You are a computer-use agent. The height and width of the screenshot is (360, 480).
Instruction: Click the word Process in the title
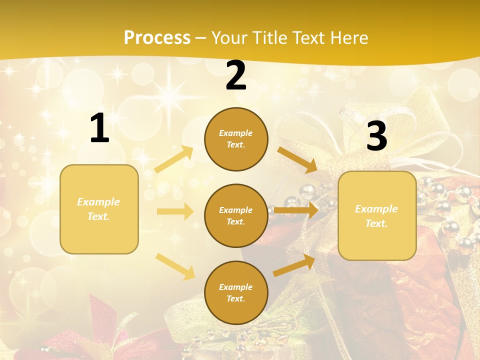click(x=157, y=37)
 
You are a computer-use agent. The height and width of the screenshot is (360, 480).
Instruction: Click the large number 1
click(x=99, y=128)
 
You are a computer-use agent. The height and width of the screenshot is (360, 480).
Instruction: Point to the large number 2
click(x=236, y=75)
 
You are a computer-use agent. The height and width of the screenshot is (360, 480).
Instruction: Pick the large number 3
click(x=376, y=136)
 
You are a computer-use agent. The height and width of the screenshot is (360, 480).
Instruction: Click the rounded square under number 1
click(x=99, y=209)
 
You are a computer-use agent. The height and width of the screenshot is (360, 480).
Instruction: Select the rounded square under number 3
click(x=377, y=216)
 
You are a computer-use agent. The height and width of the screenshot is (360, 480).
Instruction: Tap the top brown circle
click(x=236, y=139)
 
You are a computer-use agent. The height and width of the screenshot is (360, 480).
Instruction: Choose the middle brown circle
click(x=236, y=216)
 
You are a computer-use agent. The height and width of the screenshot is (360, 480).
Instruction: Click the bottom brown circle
click(x=236, y=293)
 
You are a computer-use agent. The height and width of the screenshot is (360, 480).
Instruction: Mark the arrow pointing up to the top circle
click(x=174, y=159)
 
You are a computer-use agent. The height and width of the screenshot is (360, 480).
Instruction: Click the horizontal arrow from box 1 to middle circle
click(x=175, y=211)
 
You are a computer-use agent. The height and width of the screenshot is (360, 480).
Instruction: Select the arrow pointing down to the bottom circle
click(x=175, y=266)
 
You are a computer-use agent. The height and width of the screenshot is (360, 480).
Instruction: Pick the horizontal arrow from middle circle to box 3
click(x=296, y=210)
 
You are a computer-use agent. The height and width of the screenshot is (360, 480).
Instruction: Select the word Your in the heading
click(x=229, y=37)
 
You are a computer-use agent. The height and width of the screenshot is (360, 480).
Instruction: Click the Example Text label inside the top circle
click(x=236, y=139)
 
